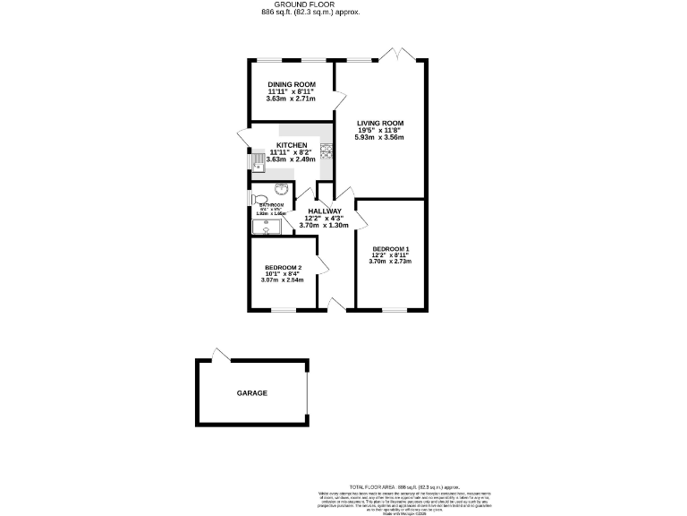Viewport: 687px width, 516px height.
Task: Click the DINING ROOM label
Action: click(292, 84)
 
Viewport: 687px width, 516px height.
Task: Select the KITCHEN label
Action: click(292, 145)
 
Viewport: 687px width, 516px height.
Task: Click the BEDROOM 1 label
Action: click(390, 248)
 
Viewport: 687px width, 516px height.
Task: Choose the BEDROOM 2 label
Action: click(283, 267)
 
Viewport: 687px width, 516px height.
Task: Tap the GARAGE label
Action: click(252, 393)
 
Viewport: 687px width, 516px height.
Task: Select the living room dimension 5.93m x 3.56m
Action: click(380, 137)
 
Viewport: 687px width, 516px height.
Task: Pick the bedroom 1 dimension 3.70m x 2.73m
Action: click(390, 261)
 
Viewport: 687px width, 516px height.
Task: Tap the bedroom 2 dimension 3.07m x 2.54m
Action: click(283, 280)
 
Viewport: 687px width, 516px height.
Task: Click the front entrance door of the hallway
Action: click(335, 305)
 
